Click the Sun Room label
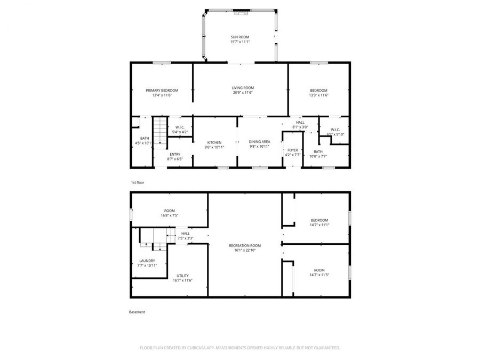[x=240, y=37]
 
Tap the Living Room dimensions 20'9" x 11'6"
[x=242, y=93]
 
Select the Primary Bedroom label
[x=162, y=90]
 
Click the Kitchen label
[x=214, y=142]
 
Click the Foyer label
[x=292, y=150]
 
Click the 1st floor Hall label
[x=300, y=122]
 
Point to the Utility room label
[x=182, y=276]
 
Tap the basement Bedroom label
[x=319, y=220]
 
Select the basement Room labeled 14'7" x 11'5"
[x=319, y=270]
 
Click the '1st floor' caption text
[x=137, y=182]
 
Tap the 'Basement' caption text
[x=137, y=312]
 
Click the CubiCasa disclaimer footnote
[x=239, y=347]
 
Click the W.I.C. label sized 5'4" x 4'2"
[x=180, y=127]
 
